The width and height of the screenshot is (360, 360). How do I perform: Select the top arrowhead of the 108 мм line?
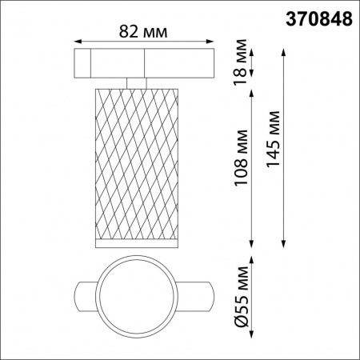253,91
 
